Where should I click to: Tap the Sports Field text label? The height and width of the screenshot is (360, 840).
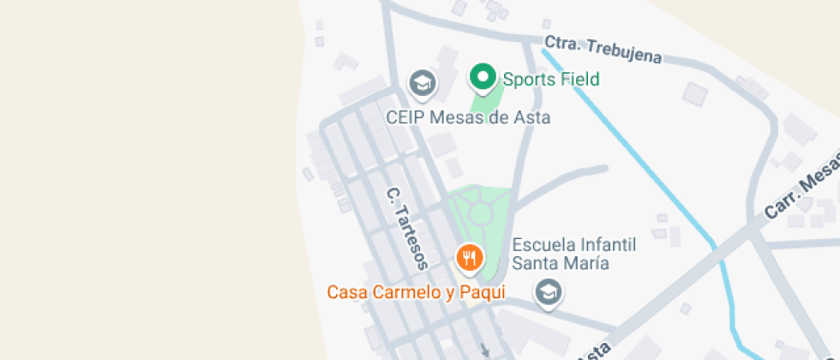point(550,80)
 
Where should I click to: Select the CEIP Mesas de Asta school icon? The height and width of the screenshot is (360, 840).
point(422,83)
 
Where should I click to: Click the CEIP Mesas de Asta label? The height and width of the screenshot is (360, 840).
point(468,117)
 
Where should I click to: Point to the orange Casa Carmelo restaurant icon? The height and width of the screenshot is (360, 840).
point(469,256)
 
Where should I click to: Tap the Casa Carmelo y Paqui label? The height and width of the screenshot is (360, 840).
point(416,291)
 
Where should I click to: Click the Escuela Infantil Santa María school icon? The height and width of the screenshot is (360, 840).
point(547,292)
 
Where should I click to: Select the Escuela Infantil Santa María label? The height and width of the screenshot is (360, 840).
point(573,254)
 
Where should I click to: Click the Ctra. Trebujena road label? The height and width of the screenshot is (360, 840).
point(603,50)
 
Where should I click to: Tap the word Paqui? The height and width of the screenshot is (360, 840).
point(483,291)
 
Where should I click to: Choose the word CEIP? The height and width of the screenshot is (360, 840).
point(405,117)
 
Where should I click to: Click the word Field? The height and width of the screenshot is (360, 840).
point(579,80)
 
